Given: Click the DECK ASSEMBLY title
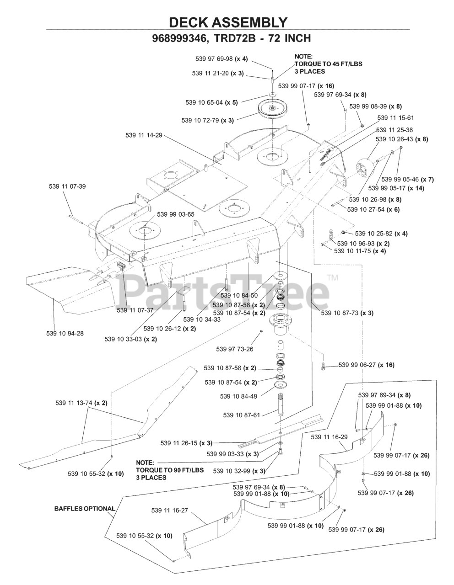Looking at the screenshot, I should pos(227,22).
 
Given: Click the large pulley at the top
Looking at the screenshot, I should pos(272,108).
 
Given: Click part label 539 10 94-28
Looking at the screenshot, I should pos(65,333).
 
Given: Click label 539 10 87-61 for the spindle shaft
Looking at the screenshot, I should pos(242,415).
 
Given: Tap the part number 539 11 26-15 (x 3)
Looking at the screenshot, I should pos(186,443).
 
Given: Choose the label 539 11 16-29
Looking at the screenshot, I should pos(329,437).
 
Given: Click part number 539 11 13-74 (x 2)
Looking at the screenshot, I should pos(81,403).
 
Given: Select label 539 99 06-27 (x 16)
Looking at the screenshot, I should pos(366,365).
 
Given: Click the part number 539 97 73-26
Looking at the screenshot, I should pos(235,349).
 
